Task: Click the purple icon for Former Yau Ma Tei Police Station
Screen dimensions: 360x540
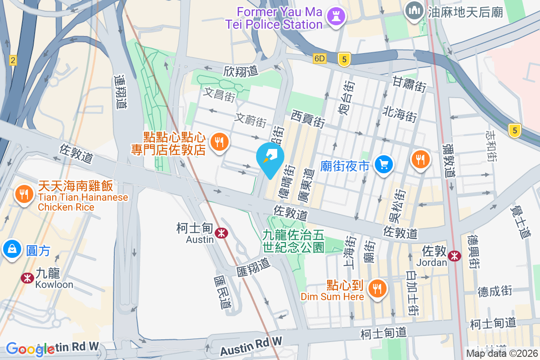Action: click(x=336, y=16)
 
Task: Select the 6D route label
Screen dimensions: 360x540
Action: click(x=319, y=58)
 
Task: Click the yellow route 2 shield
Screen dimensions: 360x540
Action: click(x=13, y=60)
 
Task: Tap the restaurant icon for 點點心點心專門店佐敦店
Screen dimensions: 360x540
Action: click(x=219, y=142)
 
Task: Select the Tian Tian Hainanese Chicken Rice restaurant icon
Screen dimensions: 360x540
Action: click(x=22, y=194)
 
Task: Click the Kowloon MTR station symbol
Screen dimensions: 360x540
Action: click(x=27, y=278)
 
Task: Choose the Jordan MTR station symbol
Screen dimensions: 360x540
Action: click(x=454, y=256)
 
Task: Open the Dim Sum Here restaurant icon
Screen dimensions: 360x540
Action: click(x=376, y=288)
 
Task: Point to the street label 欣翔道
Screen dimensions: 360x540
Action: click(x=241, y=71)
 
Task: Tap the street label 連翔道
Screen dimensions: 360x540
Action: click(x=120, y=92)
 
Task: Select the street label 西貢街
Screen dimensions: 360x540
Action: click(x=308, y=120)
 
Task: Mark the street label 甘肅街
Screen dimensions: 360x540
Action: click(x=409, y=84)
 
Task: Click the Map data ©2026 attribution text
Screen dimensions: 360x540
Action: click(x=502, y=353)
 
